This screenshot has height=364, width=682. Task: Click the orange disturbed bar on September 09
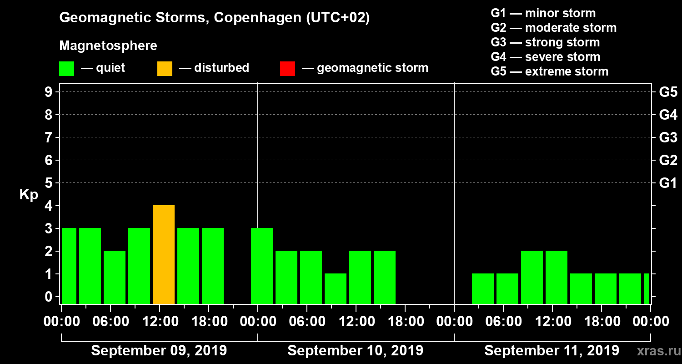[x=164, y=255]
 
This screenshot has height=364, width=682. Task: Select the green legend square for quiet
[x=66, y=68]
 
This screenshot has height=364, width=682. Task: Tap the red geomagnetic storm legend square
[x=287, y=68]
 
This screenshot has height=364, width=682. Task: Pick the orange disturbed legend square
[x=165, y=68]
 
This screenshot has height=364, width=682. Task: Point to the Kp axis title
[x=29, y=194]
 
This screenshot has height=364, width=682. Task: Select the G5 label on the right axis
[x=668, y=92]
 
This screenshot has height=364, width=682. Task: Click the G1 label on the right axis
[x=668, y=183]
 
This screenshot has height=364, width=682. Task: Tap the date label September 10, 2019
[x=355, y=351]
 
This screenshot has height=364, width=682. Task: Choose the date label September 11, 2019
[x=552, y=351]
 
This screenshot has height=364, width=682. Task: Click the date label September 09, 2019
[x=159, y=351]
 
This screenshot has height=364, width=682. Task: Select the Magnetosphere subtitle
[x=108, y=46]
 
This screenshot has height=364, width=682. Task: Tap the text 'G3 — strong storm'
[x=545, y=42]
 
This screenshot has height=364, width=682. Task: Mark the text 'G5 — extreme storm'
[x=549, y=71]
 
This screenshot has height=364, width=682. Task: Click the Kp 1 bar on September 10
[x=336, y=288]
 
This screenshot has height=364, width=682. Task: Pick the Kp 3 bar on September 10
[x=262, y=266]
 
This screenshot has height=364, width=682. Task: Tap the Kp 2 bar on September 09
[x=115, y=277]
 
